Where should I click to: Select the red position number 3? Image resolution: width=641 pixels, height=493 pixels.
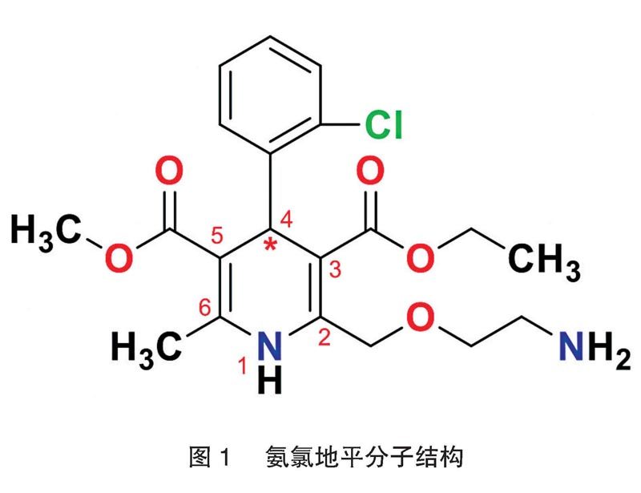point(336,271)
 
